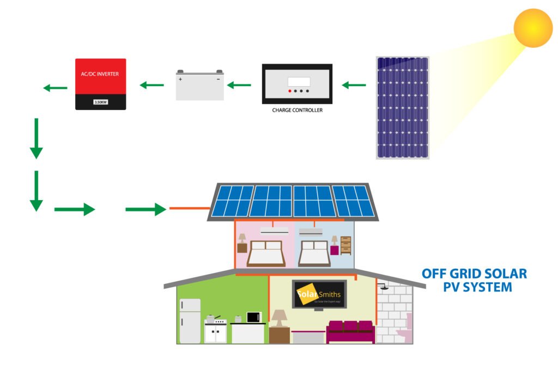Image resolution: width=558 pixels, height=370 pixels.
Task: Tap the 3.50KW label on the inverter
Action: [101, 102]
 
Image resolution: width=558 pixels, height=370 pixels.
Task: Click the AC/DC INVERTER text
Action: [101, 74]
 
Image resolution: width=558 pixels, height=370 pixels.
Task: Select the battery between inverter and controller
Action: [199, 86]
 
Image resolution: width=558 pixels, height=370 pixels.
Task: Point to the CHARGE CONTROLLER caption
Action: [297, 110]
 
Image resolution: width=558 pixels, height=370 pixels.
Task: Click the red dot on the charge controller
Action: [290, 90]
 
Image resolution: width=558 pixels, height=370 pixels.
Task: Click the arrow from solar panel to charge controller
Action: [354, 85]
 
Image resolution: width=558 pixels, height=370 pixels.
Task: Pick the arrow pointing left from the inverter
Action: [55, 88]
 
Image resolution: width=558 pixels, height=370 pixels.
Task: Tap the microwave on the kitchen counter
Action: [254, 317]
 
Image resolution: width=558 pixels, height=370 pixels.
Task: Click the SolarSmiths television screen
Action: [319, 295]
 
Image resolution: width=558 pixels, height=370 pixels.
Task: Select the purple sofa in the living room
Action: [350, 331]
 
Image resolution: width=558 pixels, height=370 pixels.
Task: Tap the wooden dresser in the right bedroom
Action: [346, 245]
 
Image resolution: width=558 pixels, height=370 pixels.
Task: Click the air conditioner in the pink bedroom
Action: [274, 231]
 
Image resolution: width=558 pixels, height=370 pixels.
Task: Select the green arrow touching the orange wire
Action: [145, 209]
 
